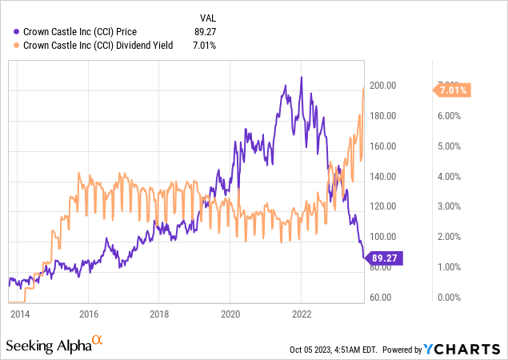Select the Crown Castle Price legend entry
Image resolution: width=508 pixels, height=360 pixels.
pyautogui.click(x=80, y=31)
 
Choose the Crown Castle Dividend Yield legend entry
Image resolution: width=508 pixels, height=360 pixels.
pyautogui.click(x=98, y=46)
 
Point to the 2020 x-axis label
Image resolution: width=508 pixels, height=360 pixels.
pyautogui.click(x=230, y=314)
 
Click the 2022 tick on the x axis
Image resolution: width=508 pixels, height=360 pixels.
pyautogui.click(x=301, y=314)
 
